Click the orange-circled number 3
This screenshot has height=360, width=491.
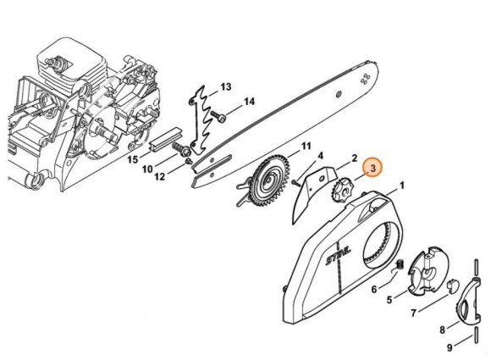point(372,168)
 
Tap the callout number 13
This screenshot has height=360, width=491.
point(225,86)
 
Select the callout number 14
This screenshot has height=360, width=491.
point(249,102)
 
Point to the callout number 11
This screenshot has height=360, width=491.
point(306,146)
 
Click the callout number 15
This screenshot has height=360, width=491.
point(132,160)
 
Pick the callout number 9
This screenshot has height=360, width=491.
point(450,347)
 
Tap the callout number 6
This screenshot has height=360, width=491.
point(374,289)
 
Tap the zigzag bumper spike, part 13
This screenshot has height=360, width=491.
point(203,120)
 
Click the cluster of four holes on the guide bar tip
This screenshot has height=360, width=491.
point(365,79)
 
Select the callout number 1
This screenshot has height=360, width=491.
point(402,186)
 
